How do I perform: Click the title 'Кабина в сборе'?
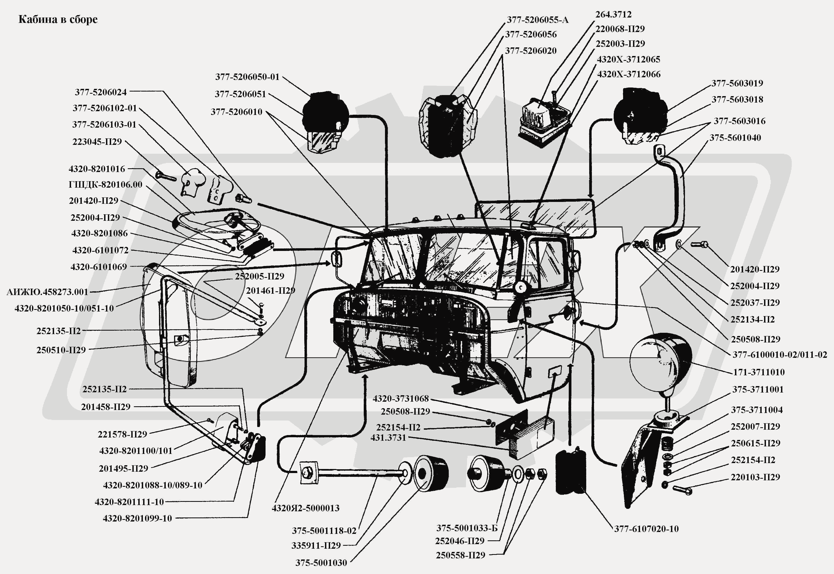(x=58, y=19)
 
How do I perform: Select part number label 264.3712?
(x=613, y=14)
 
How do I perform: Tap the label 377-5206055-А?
(x=537, y=20)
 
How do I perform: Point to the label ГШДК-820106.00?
(x=105, y=184)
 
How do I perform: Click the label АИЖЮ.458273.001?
(x=47, y=292)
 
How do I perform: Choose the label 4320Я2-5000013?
(x=305, y=508)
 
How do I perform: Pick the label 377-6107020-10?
(x=646, y=529)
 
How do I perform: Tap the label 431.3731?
(x=388, y=438)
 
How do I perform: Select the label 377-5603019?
(x=737, y=83)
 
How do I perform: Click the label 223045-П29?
(x=97, y=142)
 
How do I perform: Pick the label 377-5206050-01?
(x=247, y=77)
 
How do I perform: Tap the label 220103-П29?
(x=755, y=477)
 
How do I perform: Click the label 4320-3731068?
(x=400, y=398)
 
